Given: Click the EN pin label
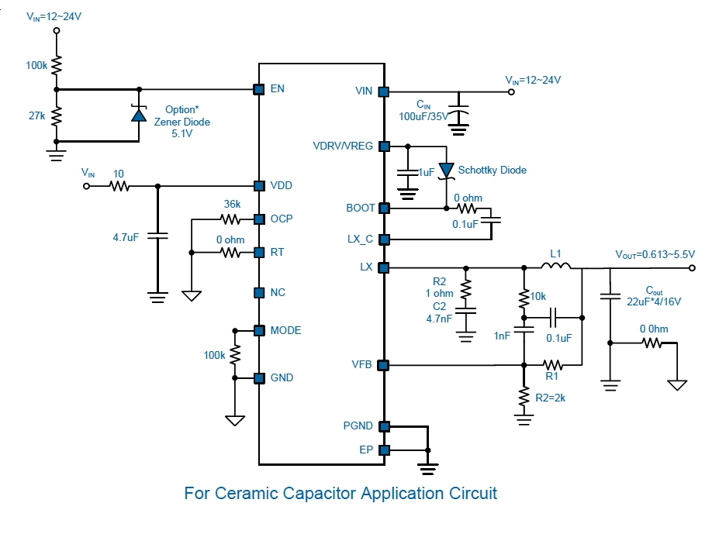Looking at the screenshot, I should coord(277,88).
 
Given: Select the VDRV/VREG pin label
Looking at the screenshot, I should coord(342,145).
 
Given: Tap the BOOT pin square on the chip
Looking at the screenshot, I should coord(382,208).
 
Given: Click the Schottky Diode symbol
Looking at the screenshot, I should coord(447,170).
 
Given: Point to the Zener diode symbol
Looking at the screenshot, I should coord(138,115).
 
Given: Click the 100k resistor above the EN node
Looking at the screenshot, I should coord(57,65).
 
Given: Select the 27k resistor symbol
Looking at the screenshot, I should coord(57,115).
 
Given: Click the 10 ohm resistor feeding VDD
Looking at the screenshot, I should coord(119,186).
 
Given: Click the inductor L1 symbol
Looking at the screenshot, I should coord(555,267).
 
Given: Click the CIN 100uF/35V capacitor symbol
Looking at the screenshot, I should coord(460,112).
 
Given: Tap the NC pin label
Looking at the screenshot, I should coord(277,292).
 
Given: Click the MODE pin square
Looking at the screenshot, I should coord(260,330).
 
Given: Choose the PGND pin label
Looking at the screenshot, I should coord(358,425).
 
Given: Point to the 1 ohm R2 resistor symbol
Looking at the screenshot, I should coord(466,289).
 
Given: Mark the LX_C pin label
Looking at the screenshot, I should coord(359,239).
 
